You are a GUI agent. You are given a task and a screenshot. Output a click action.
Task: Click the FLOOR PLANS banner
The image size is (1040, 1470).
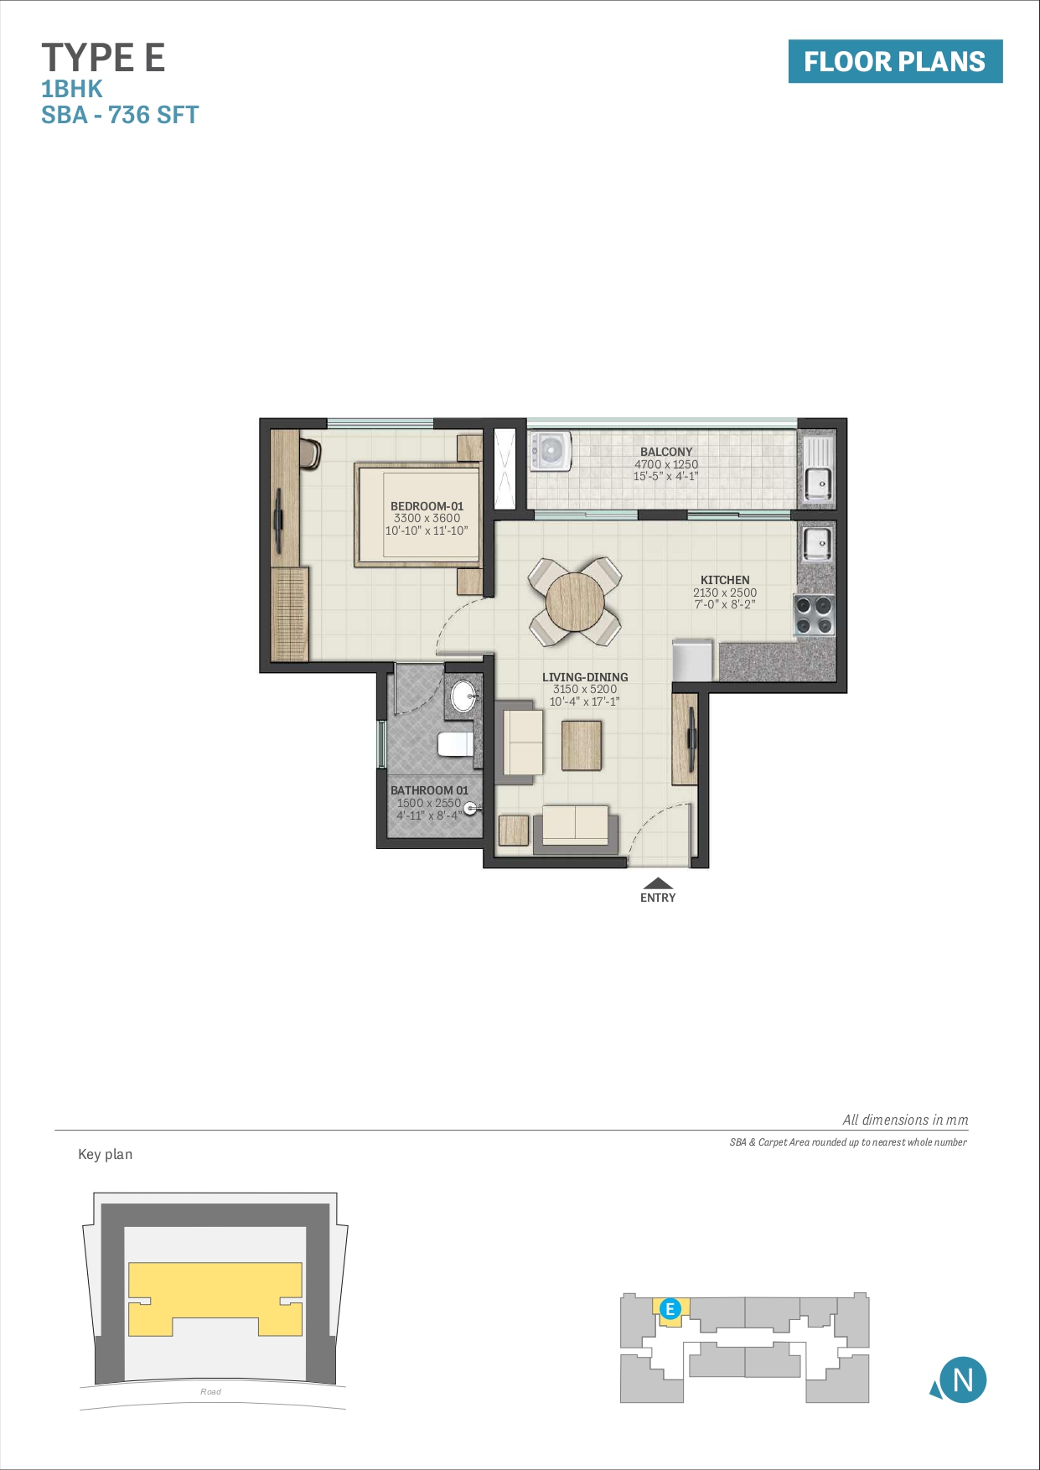tap(894, 61)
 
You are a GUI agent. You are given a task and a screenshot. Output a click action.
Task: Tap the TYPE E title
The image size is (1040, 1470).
tap(103, 58)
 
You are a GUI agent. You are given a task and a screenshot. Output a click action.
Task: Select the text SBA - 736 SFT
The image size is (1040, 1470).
tap(120, 115)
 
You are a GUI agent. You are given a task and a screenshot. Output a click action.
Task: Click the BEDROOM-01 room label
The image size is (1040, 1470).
tap(427, 506)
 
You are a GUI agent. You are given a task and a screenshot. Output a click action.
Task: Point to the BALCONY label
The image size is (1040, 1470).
tap(666, 452)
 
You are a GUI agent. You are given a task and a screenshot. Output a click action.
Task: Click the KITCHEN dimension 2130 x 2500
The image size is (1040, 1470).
tap(724, 593)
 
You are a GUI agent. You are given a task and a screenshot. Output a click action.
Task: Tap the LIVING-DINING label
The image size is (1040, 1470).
tap(584, 677)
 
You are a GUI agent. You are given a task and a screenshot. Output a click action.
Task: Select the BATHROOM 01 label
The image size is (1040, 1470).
tap(429, 790)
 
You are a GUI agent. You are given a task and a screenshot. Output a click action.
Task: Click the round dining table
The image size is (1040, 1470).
tap(575, 602)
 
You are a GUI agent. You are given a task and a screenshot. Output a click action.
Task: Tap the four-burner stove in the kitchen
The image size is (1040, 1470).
tap(814, 615)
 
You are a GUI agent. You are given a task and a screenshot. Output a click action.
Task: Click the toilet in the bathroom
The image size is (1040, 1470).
tap(455, 743)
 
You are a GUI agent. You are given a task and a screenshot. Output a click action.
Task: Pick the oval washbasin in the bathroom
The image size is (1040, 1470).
tap(463, 696)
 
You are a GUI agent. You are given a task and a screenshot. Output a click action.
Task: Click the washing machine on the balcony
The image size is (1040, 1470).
tap(550, 451)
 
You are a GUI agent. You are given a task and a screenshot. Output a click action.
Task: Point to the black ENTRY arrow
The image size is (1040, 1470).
tap(658, 883)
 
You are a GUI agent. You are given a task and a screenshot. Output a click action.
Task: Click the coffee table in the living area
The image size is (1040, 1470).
tap(581, 745)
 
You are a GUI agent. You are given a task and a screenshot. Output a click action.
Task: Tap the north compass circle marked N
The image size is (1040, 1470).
tap(962, 1379)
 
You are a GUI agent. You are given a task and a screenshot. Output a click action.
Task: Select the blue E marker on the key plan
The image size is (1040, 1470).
tap(670, 1309)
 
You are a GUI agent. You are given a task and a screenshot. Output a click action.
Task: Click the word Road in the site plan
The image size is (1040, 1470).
tap(210, 1391)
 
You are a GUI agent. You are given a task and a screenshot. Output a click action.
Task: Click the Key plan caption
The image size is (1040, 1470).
tap(105, 1154)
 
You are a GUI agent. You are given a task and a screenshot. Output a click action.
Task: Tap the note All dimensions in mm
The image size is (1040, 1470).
tap(905, 1120)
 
